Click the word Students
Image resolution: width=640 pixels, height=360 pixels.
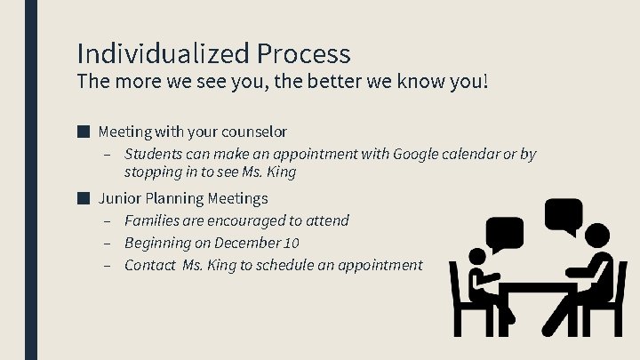coord(154,155)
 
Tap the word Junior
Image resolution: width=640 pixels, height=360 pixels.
coord(118,198)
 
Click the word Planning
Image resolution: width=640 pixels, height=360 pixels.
coord(173,198)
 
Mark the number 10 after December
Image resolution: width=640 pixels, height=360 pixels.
coord(292,243)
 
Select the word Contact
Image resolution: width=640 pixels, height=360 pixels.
coord(150,265)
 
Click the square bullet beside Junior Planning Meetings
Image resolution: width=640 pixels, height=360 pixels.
coord(83,197)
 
